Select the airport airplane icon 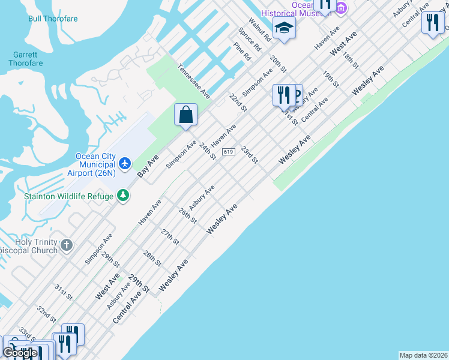click(x=125, y=163)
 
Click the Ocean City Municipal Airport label click(x=95, y=165)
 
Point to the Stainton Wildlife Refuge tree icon click(x=123, y=195)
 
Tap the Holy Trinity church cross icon click(x=67, y=245)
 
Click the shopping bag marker click(x=186, y=114)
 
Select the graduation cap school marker click(x=284, y=27)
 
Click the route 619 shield click(x=228, y=152)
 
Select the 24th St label click(x=208, y=151)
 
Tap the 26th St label click(x=187, y=215)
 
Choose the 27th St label click(x=170, y=236)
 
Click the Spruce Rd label click(x=250, y=39)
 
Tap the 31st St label click(x=63, y=292)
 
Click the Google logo click(x=20, y=353)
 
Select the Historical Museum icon click(x=342, y=7)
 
